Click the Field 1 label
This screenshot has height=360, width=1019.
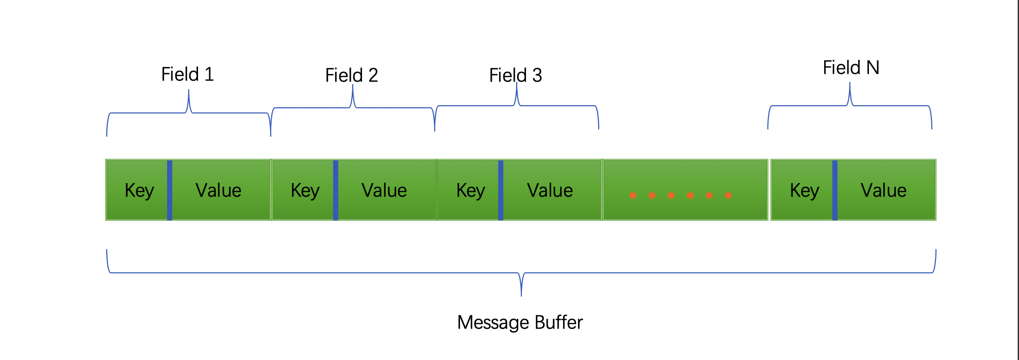(187, 74)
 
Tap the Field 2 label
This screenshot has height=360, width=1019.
(351, 75)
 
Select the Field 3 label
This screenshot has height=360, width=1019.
(515, 75)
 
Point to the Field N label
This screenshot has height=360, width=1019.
(851, 68)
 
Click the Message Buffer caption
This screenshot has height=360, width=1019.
(520, 322)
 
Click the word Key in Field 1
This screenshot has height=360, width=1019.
(139, 191)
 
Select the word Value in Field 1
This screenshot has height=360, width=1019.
(219, 190)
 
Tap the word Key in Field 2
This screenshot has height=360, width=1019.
(305, 191)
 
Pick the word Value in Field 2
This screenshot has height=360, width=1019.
(384, 190)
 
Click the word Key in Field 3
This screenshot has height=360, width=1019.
(471, 191)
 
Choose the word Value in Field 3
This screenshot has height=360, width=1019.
(550, 190)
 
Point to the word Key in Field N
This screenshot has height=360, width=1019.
(804, 191)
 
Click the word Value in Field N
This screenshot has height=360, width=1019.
(883, 190)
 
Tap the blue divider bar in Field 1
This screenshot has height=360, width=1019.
(170, 190)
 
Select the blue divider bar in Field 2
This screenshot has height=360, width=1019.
(336, 190)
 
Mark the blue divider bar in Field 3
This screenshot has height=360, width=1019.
(501, 190)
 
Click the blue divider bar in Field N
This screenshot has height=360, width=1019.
(835, 190)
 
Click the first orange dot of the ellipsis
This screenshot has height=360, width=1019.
(633, 195)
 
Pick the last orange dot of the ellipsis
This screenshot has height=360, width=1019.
(729, 195)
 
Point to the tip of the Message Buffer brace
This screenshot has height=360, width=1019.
(521, 296)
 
